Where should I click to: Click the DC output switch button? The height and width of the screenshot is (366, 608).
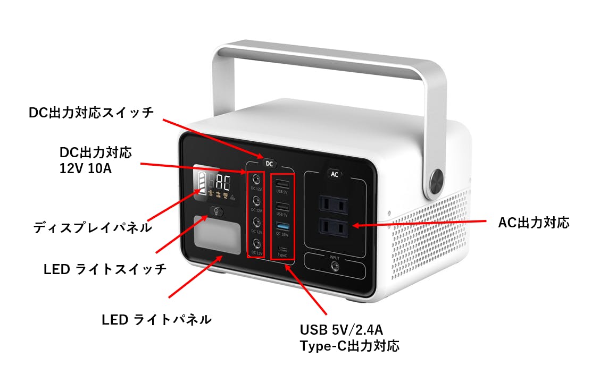269,164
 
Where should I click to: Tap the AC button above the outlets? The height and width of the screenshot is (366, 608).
335,174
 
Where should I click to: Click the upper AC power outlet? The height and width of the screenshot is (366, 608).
333,205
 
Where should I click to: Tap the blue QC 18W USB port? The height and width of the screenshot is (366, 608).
282,227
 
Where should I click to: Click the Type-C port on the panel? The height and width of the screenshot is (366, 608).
282,249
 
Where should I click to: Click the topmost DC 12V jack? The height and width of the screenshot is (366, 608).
257,180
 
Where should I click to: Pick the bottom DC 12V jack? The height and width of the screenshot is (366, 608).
257,244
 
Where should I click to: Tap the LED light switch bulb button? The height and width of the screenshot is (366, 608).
216,211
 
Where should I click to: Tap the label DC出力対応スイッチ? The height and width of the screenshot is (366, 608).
91,113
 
